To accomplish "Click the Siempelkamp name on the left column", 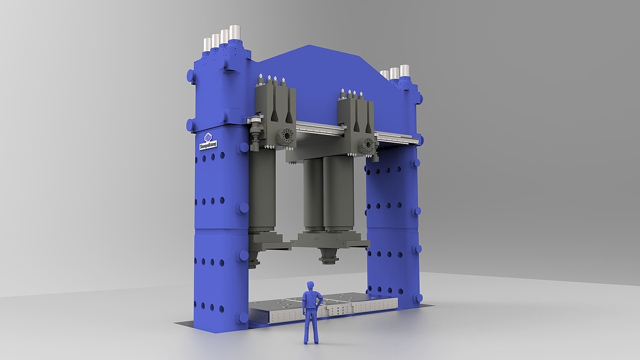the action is (208, 145).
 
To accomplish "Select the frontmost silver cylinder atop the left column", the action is (235, 33).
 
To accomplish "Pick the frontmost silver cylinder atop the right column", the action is (405, 70).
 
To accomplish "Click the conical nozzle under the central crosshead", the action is (329, 255).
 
